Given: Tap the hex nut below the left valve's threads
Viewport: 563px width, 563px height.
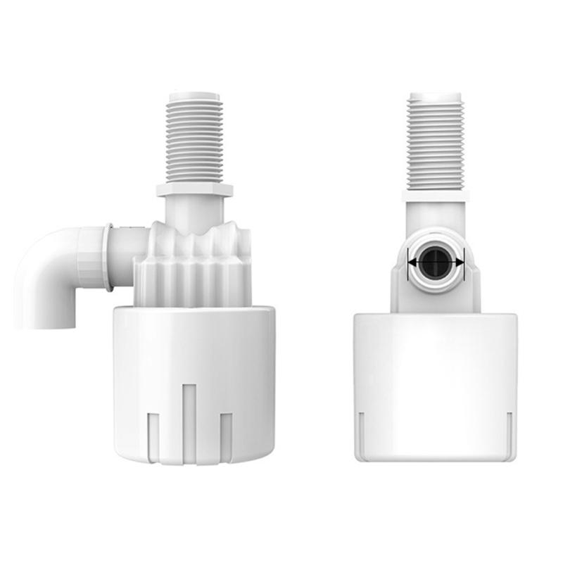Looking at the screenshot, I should (x=194, y=189).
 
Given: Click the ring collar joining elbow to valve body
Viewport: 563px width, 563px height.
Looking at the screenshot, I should (x=108, y=257).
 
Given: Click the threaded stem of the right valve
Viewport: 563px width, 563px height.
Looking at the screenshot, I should (x=435, y=141).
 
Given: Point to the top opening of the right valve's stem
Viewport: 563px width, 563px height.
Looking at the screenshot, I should (x=435, y=93).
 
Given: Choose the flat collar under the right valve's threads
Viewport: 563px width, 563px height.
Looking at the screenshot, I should (x=435, y=194).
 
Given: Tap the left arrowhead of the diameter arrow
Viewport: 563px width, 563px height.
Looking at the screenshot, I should (x=412, y=262).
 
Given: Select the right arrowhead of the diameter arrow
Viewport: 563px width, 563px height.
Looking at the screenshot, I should (x=460, y=262).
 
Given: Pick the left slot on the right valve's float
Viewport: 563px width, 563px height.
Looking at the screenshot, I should (x=361, y=433).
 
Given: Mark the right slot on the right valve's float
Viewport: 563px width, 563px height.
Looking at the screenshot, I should (x=509, y=433).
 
